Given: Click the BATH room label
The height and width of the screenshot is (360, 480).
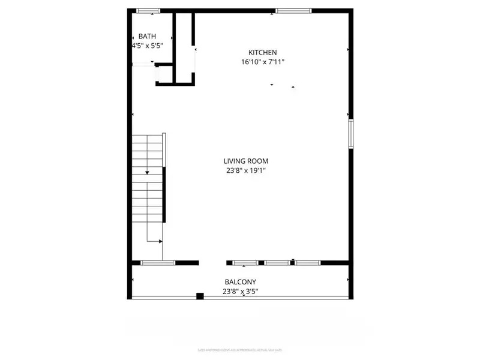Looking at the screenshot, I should (147, 37).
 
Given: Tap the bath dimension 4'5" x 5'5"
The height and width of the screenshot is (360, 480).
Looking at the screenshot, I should (147, 46).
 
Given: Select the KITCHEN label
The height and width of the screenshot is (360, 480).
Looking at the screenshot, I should (263, 52).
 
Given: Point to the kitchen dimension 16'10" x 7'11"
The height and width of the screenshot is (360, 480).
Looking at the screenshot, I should (263, 61).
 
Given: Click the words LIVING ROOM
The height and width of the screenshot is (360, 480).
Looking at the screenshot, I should (245, 161).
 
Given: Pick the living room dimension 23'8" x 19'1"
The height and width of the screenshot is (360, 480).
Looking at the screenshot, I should (245, 170).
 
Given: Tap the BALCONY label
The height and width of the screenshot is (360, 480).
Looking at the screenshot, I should (240, 282).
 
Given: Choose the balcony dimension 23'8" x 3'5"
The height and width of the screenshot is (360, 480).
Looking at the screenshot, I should (240, 292).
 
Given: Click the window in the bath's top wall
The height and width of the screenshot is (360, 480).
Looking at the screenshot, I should (148, 10).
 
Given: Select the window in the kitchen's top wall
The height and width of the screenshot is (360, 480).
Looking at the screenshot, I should (293, 10).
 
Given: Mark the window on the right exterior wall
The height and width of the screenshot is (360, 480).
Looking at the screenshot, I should (350, 133).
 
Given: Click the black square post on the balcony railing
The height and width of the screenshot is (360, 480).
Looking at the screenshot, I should (200, 296).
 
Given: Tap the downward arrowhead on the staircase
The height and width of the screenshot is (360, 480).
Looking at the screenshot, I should (146, 172).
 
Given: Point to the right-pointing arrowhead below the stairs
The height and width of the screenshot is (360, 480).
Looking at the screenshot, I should (160, 241).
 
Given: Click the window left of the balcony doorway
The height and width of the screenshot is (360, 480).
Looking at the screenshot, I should (158, 263).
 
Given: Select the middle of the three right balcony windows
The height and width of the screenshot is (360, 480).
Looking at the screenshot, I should (277, 263).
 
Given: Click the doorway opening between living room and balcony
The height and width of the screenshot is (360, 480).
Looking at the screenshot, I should (212, 263).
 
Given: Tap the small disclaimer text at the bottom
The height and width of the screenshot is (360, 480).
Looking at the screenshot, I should (240, 350).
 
